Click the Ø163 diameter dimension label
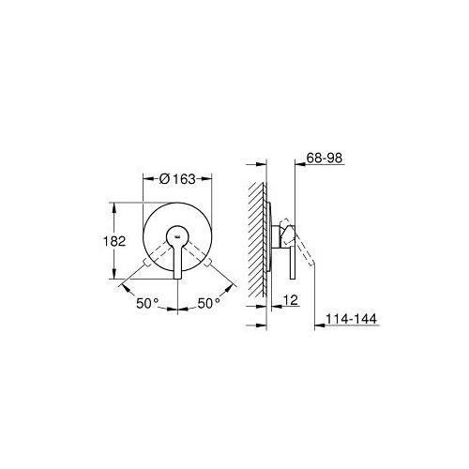pos(177,179)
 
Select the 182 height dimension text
pos(114,241)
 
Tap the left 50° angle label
pos(147,303)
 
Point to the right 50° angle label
pos(209,303)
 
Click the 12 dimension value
pos(292,300)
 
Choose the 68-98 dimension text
pos(325,158)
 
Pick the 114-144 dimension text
pos(351,319)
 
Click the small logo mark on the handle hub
pos(177,236)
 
